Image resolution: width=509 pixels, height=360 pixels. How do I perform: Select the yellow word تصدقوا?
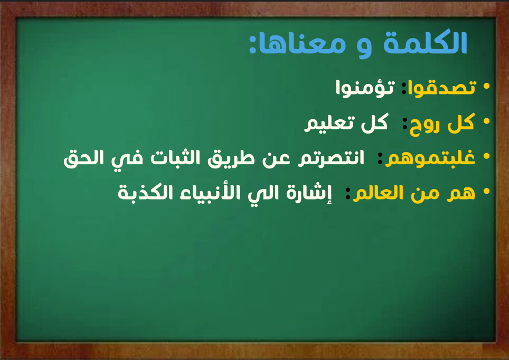(442, 87)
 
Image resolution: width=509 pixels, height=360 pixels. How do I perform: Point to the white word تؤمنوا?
(365, 87)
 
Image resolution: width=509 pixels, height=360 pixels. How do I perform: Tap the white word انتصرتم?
(331, 158)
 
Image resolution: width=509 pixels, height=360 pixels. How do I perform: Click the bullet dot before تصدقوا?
(486, 86)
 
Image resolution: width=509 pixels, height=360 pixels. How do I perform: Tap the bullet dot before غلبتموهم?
(486, 156)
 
